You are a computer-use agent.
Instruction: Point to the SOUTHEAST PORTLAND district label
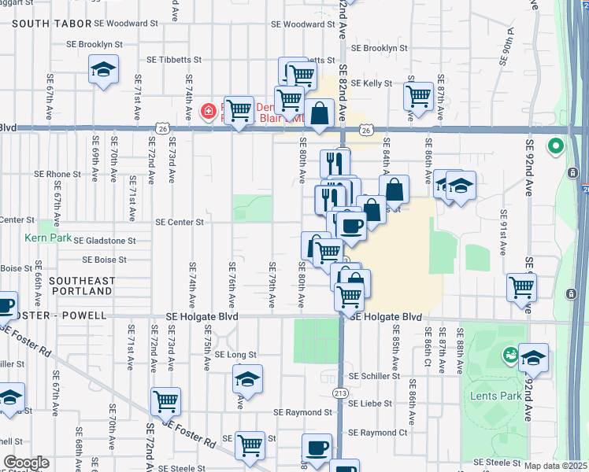click(x=81, y=286)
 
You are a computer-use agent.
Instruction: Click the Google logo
click(x=26, y=463)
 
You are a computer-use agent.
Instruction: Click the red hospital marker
click(x=209, y=112)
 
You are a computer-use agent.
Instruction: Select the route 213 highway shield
click(x=340, y=392)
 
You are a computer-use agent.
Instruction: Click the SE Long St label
click(x=235, y=355)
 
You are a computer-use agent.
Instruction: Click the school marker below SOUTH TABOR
click(x=104, y=70)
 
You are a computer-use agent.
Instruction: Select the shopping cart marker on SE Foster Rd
click(x=166, y=401)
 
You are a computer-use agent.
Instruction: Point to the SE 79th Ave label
click(x=272, y=283)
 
